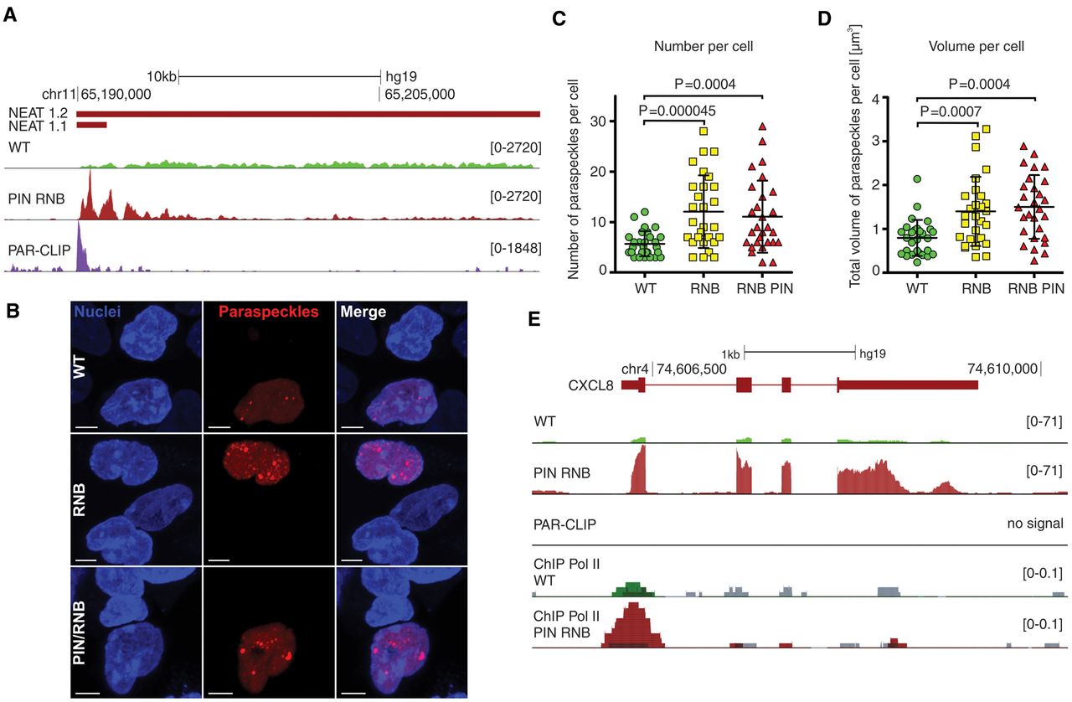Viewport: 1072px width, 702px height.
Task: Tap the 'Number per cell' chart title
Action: point(703,47)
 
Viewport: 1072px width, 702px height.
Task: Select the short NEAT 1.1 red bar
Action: point(91,125)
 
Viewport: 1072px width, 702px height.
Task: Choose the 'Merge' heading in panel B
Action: point(363,312)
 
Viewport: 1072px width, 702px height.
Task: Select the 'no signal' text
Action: point(1035,524)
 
